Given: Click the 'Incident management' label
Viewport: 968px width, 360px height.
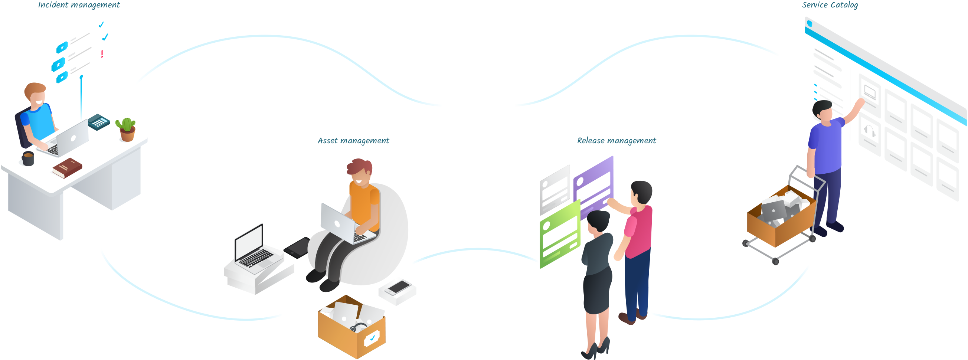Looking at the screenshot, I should click(79, 5).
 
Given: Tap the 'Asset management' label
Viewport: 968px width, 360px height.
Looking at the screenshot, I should click(353, 141).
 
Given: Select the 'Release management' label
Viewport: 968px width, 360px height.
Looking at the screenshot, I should click(616, 141).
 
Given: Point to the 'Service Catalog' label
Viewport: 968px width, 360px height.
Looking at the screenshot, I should click(830, 5).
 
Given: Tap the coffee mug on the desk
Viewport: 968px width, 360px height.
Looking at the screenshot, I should click(28, 158).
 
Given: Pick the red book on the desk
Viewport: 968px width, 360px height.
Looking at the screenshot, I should click(67, 168).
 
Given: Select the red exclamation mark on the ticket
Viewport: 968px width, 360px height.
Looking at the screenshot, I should click(102, 54).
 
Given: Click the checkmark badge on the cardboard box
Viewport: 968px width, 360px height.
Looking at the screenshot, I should click(372, 338).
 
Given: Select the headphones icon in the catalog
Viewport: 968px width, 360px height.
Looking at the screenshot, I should click(870, 132).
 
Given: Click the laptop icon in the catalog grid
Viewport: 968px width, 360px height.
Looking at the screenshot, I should click(870, 91).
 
